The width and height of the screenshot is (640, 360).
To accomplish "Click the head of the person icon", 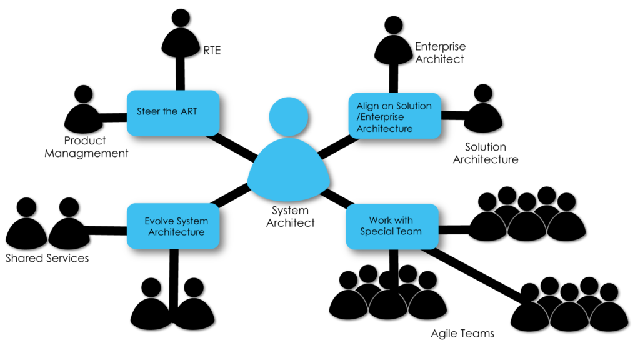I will point(288,116).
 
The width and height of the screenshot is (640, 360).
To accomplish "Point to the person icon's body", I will point(288,172).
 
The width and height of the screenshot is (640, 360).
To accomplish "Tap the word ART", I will point(188,112).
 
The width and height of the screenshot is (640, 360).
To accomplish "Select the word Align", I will point(367,106).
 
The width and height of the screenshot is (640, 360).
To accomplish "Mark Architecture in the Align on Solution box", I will point(384,129).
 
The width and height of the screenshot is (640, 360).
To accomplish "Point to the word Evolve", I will point(159,221).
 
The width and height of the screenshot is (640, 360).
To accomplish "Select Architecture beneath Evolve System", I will point(176,232).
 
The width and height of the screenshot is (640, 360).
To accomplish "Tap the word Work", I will point(380,221).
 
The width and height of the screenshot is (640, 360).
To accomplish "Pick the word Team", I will point(409,232).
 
